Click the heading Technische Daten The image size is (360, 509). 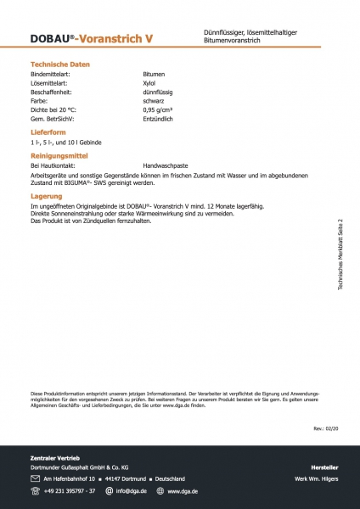click(60, 64)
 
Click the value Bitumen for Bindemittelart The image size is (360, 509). click(155, 75)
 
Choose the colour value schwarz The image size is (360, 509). click(154, 102)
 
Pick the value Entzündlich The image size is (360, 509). click(160, 120)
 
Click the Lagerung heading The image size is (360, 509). click(46, 196)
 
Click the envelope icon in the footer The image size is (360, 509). click(35, 478)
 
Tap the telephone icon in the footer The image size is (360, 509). click(35, 490)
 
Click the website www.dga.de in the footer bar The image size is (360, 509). click(183, 490)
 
